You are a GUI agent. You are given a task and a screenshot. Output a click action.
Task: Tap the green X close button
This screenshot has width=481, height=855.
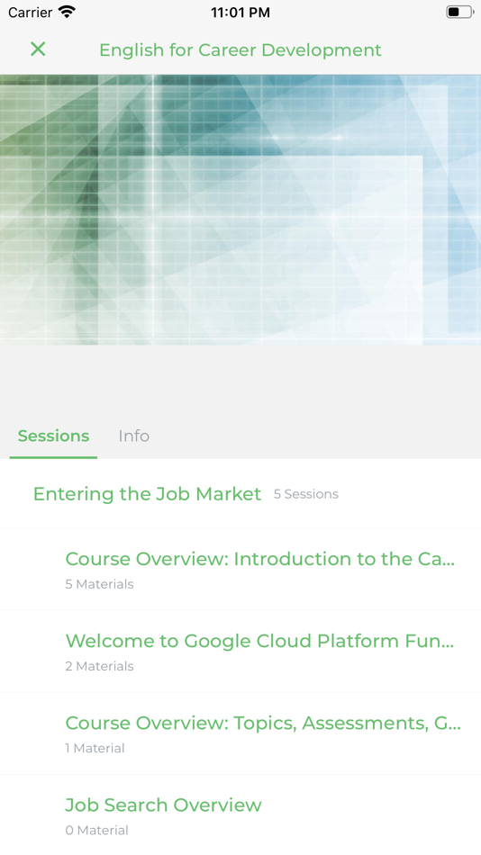click(x=38, y=49)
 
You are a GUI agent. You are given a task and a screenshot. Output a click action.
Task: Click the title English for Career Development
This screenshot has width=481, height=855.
click(x=240, y=50)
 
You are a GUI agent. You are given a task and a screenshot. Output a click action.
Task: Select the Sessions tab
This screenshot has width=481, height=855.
click(x=53, y=436)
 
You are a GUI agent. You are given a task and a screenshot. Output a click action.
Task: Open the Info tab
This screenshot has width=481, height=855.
click(x=133, y=436)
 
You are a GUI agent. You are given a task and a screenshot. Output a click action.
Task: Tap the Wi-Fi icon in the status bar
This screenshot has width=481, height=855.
click(x=67, y=13)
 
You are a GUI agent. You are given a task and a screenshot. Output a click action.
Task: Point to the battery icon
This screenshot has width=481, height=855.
click(x=458, y=13)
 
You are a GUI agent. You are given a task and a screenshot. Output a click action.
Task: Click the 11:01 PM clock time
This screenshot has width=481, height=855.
click(x=240, y=13)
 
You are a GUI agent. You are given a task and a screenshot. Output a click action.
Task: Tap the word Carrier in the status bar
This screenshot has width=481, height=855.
click(x=30, y=13)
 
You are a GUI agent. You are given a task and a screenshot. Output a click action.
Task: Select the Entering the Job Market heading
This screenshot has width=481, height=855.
click(x=147, y=494)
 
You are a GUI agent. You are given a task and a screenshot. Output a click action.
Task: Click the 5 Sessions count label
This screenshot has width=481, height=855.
click(x=306, y=494)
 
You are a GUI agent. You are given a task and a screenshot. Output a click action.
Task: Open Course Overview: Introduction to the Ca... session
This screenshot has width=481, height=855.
click(x=259, y=559)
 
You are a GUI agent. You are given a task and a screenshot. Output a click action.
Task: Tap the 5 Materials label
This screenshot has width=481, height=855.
click(x=99, y=584)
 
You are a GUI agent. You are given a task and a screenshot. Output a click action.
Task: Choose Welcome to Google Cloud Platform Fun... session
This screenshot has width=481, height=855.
click(x=259, y=641)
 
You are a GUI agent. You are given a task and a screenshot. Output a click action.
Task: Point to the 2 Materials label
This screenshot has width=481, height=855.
click(x=99, y=666)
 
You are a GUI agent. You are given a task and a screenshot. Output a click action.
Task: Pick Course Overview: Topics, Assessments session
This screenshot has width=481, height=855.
click(x=262, y=723)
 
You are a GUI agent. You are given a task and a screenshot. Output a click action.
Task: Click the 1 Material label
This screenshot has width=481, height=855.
click(x=95, y=748)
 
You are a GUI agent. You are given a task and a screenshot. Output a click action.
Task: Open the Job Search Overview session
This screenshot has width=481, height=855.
click(x=163, y=805)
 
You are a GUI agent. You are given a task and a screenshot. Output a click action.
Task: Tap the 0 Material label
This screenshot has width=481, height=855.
click(x=96, y=830)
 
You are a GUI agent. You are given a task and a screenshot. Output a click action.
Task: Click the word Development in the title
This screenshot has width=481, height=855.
click(x=326, y=50)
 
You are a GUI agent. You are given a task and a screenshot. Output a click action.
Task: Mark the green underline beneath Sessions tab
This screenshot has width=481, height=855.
click(x=53, y=457)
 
